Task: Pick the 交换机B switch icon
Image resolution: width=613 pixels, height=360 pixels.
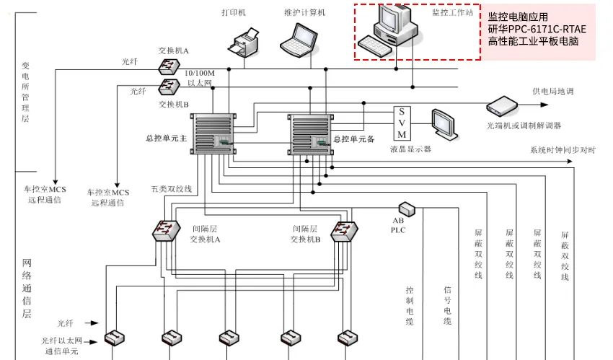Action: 169,87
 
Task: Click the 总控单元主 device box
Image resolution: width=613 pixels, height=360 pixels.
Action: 213,134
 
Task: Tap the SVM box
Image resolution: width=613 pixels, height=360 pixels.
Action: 402,123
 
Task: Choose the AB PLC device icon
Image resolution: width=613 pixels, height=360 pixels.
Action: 406,209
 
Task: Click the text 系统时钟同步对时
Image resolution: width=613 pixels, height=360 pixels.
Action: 563,149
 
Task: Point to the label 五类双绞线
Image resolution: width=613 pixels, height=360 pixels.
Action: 171,189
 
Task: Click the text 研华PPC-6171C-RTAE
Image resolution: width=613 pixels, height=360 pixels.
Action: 537,30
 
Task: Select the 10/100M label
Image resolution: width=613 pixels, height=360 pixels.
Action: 199,74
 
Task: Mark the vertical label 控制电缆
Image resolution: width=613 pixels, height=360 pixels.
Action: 410,305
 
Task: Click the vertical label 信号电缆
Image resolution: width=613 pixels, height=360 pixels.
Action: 447,305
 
